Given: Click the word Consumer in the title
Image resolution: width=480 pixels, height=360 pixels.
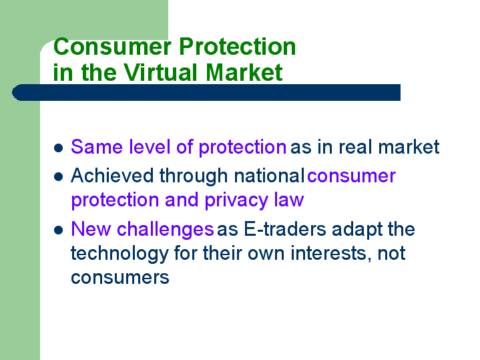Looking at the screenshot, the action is [x=112, y=47].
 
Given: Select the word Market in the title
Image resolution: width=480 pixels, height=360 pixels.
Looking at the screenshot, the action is [x=244, y=73].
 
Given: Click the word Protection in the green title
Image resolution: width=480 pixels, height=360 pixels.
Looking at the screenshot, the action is [x=237, y=47].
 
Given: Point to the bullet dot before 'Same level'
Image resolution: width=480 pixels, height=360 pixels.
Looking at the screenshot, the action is [x=59, y=148].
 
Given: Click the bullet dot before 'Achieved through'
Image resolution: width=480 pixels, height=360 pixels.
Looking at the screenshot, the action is [x=59, y=177].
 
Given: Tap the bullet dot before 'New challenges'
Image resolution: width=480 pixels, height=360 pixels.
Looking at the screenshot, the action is [x=59, y=230].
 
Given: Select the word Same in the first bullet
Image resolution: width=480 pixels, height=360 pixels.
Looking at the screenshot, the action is [x=97, y=147].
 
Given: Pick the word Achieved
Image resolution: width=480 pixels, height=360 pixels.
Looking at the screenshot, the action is [x=112, y=176].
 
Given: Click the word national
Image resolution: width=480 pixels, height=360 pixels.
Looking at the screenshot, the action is [x=269, y=176].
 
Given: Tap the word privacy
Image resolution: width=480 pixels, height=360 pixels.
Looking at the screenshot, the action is [x=236, y=200].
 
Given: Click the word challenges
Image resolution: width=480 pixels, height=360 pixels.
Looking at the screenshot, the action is [x=166, y=230].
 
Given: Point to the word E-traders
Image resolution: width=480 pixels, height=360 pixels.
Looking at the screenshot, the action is [x=285, y=229].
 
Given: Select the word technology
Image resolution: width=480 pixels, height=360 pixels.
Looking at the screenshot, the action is [x=119, y=254].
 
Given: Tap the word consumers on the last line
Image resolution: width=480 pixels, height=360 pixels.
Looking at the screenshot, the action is [x=120, y=278].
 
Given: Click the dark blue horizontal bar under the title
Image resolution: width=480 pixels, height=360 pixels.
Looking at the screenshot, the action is [x=206, y=93].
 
